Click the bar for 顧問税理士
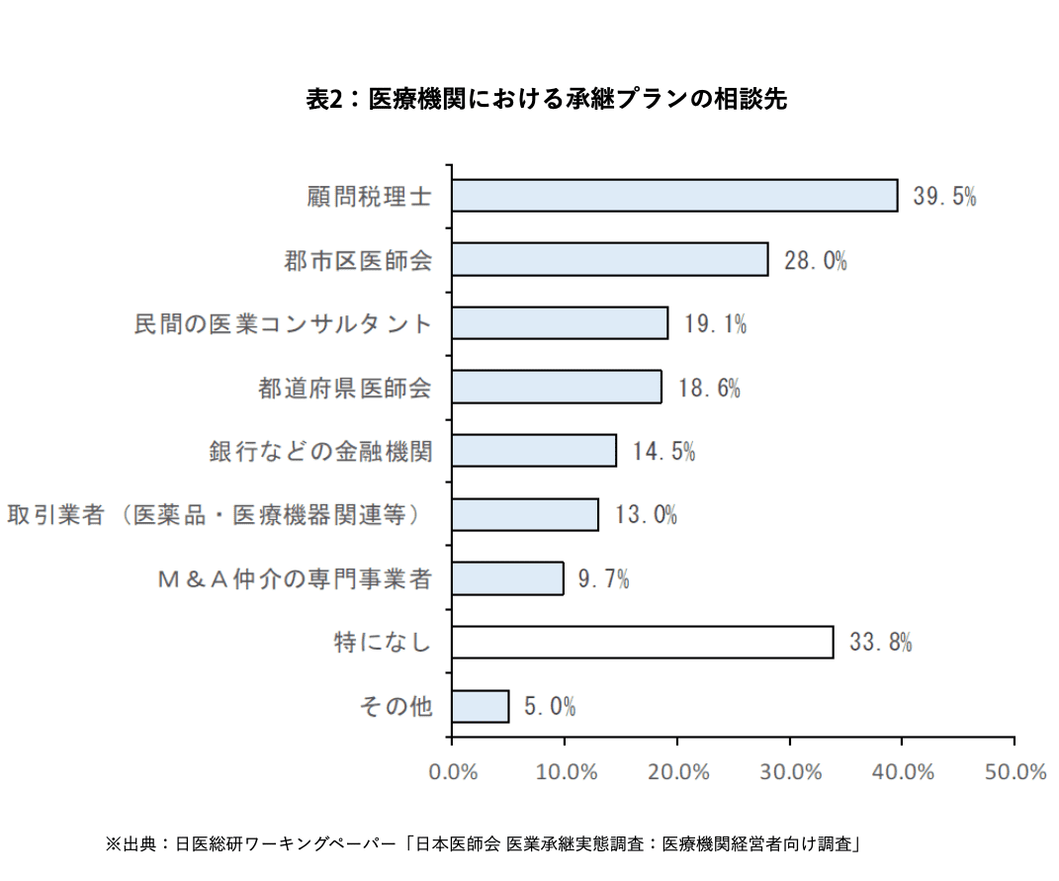pos(674,196)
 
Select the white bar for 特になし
pos(642,642)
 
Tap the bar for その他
pos(480,706)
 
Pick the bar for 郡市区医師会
pos(609,259)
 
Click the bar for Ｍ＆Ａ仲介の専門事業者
pos(507,578)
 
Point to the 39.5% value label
pos(944,196)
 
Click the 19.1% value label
pos(715,323)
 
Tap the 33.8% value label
pos(880,643)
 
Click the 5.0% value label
pos(550,707)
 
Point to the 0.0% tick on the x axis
pos(453,772)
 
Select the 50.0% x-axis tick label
pos(1015,772)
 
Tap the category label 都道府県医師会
pos(345,388)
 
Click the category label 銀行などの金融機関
pos(320,451)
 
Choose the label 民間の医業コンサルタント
pos(284,323)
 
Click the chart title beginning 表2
pos(547,99)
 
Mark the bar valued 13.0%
pos(525,515)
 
